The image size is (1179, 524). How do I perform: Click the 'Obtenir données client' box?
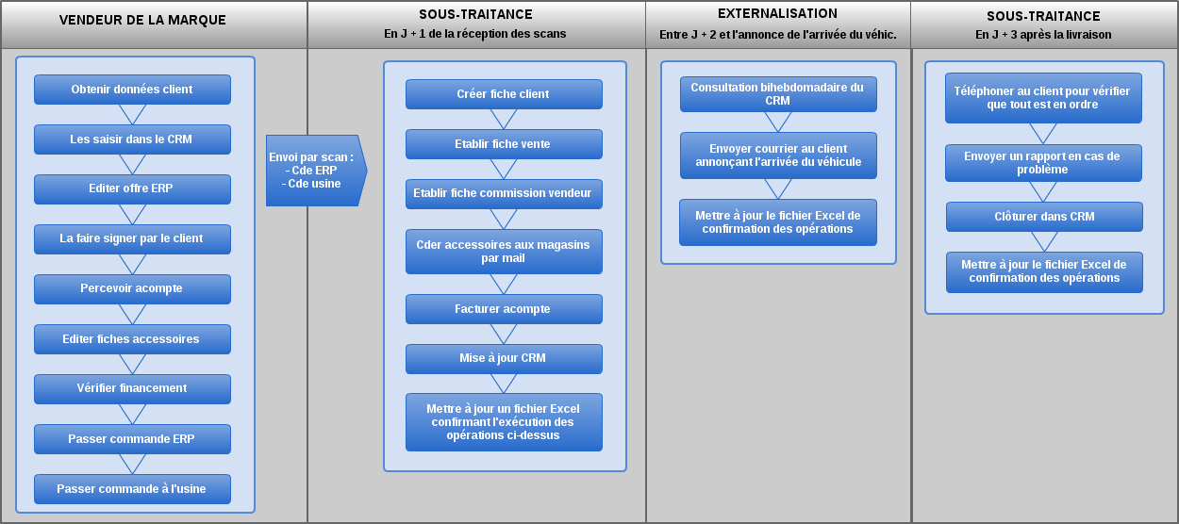click(132, 90)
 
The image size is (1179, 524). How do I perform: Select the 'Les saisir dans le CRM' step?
click(132, 139)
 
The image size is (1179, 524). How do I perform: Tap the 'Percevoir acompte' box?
click(132, 288)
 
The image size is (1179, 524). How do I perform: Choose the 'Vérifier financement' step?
click(132, 389)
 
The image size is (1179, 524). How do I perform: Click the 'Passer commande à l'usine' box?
click(132, 489)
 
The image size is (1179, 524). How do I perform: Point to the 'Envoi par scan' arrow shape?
click(316, 171)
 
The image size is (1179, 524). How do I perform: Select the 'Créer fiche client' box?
click(504, 94)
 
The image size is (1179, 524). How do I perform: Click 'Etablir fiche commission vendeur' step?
click(504, 194)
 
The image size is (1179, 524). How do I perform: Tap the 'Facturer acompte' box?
click(504, 309)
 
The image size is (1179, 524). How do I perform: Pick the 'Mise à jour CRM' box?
click(504, 359)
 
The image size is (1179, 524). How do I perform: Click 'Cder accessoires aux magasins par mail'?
click(504, 252)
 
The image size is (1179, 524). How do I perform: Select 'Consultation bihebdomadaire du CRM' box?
click(778, 94)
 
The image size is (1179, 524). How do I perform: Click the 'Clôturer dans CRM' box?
click(1044, 217)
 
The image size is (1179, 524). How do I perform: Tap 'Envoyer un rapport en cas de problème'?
click(1043, 163)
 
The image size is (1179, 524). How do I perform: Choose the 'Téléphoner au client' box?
click(1043, 98)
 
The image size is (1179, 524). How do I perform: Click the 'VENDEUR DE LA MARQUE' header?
click(142, 20)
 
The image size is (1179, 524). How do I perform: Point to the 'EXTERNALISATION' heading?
click(777, 14)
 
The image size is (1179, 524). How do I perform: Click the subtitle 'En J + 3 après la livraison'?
click(1043, 35)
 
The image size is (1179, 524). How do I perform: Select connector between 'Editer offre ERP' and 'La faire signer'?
click(132, 214)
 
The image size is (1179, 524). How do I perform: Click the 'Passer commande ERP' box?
click(132, 439)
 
